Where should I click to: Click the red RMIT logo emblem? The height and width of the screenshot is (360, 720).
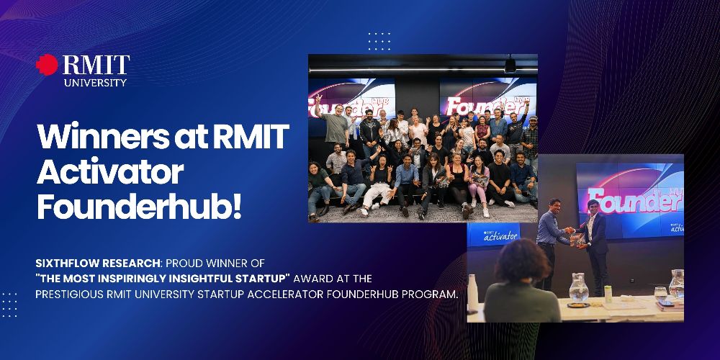(47, 65)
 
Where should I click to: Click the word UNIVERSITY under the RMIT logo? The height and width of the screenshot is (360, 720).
(95, 83)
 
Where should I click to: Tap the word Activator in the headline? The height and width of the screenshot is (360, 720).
(110, 173)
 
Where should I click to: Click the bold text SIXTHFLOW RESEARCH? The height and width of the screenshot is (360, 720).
(98, 264)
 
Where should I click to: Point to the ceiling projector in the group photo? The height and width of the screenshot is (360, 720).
(510, 65)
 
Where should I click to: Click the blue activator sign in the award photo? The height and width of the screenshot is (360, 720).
(494, 235)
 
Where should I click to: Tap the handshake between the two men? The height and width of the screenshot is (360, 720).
(570, 230)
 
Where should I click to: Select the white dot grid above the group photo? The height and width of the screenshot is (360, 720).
(379, 41)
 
